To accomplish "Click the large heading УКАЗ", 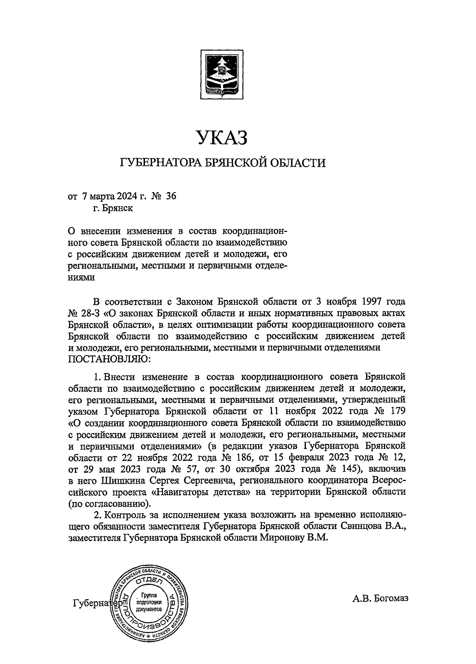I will pos(222,137).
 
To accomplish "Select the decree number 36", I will pos(171,196).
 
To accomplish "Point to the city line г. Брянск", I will pos(113,208).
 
